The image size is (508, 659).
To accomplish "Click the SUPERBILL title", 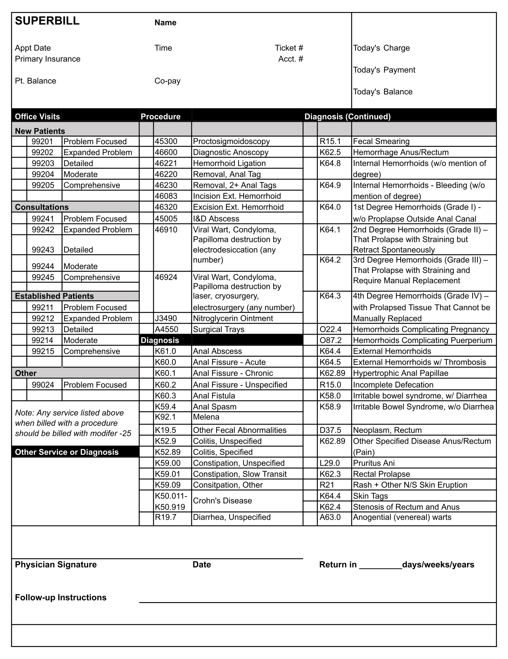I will click(47, 21).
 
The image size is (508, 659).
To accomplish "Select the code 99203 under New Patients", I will click(43, 163).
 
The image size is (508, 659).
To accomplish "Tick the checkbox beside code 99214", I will click(19, 340).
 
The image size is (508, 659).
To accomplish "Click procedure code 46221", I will click(166, 163).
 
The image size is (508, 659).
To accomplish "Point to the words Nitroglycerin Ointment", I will click(233, 318).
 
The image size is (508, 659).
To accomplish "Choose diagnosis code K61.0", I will click(165, 351).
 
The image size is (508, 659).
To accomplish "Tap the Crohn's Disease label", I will click(222, 501).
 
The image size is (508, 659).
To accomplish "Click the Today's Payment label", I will click(384, 70).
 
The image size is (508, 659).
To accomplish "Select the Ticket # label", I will click(289, 48).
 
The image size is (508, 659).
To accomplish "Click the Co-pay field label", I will click(168, 81).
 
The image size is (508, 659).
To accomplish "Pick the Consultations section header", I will click(42, 207).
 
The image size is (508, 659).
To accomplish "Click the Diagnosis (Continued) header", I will click(347, 117).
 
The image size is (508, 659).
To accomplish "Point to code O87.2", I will click(331, 340).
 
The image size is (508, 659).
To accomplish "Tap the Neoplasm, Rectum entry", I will click(387, 430).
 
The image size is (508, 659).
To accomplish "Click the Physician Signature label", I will click(56, 565).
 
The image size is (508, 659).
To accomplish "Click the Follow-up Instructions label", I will click(61, 598).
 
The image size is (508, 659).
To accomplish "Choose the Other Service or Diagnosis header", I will click(67, 452).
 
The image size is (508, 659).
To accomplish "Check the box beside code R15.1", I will click(310, 141).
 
